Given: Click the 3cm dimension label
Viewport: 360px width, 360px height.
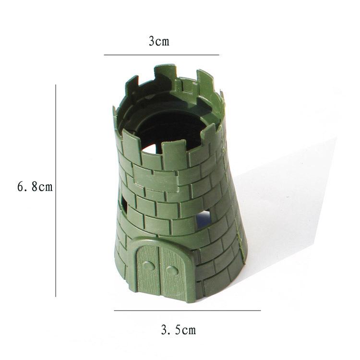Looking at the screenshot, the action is click(159, 42).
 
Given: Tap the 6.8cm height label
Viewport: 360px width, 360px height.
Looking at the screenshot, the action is click(35, 186).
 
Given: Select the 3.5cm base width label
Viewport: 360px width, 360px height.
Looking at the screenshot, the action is click(179, 330).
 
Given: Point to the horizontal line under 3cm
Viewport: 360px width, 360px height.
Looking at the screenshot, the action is click(161, 55).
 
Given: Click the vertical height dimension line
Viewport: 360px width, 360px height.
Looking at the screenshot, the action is click(56, 191).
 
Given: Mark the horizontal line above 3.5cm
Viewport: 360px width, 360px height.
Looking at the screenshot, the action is click(187, 311).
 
